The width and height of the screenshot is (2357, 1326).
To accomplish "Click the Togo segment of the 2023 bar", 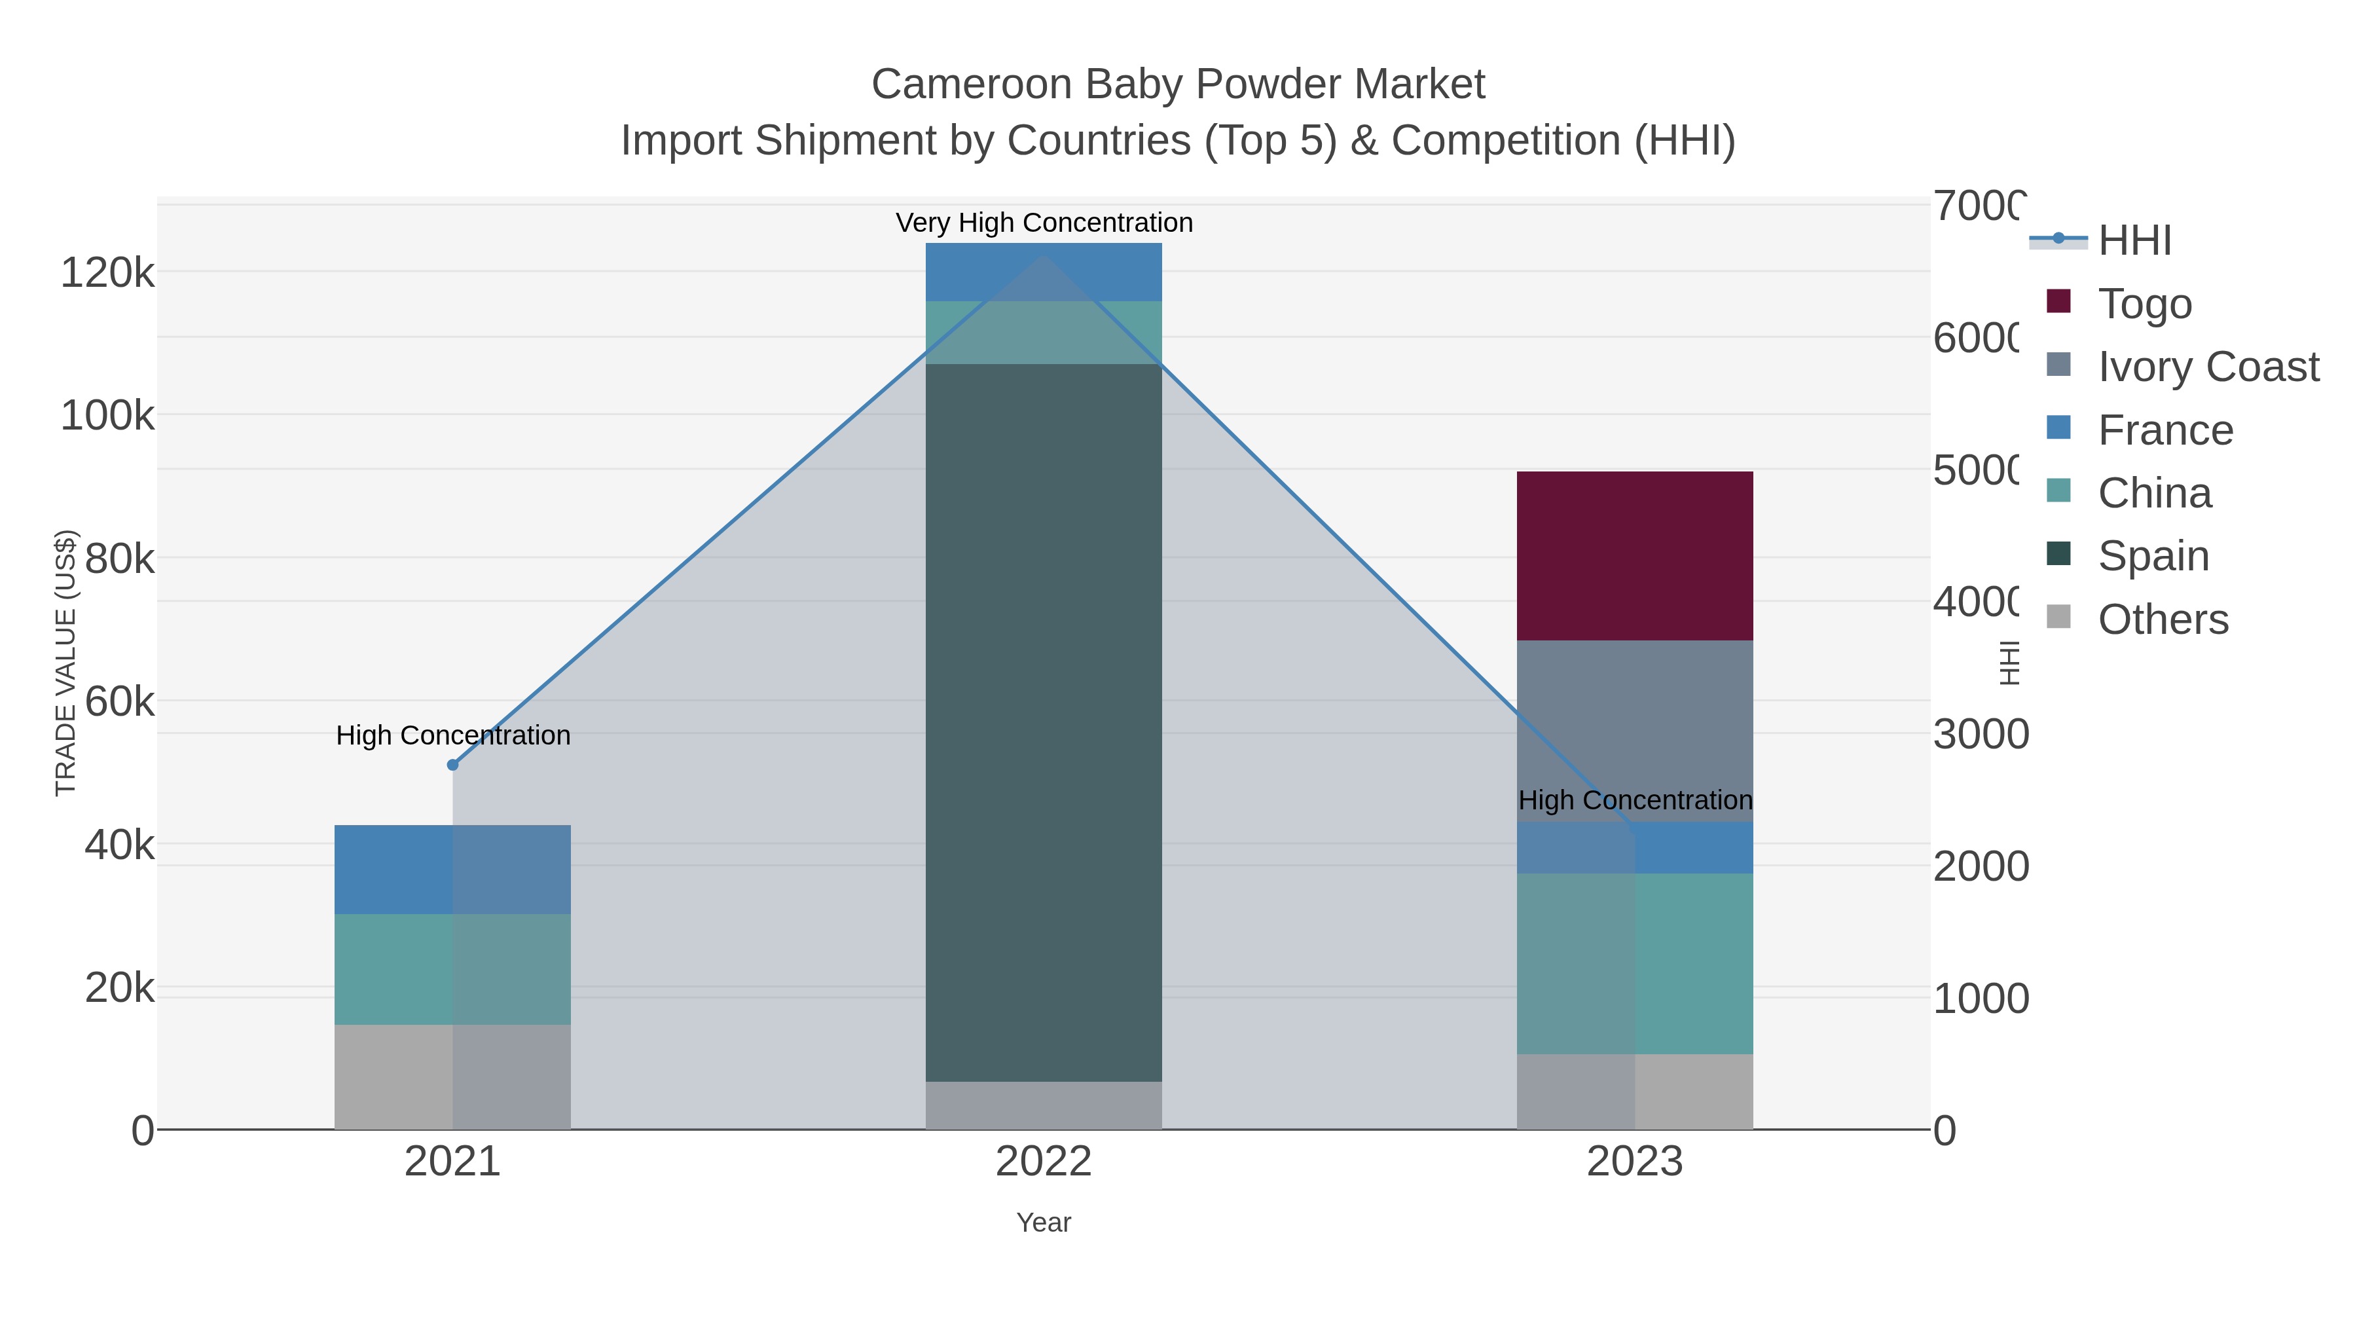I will click(x=1634, y=555).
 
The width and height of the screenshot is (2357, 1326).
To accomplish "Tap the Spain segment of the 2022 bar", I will click(x=1043, y=722).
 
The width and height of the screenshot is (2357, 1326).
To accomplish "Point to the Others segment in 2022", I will click(x=1043, y=1105).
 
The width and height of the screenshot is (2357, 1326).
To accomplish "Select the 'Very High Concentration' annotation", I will click(x=1044, y=223).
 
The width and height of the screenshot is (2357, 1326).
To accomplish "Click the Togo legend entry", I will click(x=2144, y=303).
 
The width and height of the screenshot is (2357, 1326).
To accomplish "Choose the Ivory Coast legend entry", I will click(x=2207, y=366).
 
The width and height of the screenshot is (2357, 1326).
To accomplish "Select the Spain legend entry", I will click(x=2152, y=555).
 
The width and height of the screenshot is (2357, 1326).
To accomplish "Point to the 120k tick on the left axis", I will click(x=107, y=272).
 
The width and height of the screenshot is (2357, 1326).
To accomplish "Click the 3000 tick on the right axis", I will click(x=1980, y=734).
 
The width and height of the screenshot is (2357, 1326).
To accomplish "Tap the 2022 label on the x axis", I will click(x=1043, y=1161).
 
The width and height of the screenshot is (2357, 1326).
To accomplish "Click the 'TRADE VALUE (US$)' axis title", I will click(x=66, y=663).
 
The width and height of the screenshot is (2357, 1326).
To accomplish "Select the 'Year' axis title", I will click(x=1043, y=1223).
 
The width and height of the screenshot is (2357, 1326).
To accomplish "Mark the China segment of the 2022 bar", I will click(x=1043, y=332).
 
